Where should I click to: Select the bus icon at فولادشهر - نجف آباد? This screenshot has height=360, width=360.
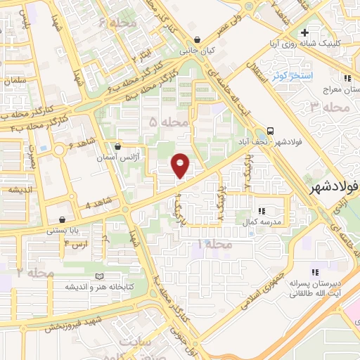(x=270, y=131)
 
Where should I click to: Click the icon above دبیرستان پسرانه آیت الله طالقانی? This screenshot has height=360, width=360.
(x=315, y=271)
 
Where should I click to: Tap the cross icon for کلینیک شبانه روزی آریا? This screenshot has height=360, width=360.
(x=304, y=32)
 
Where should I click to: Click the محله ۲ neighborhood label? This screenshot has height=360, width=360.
(x=35, y=272)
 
